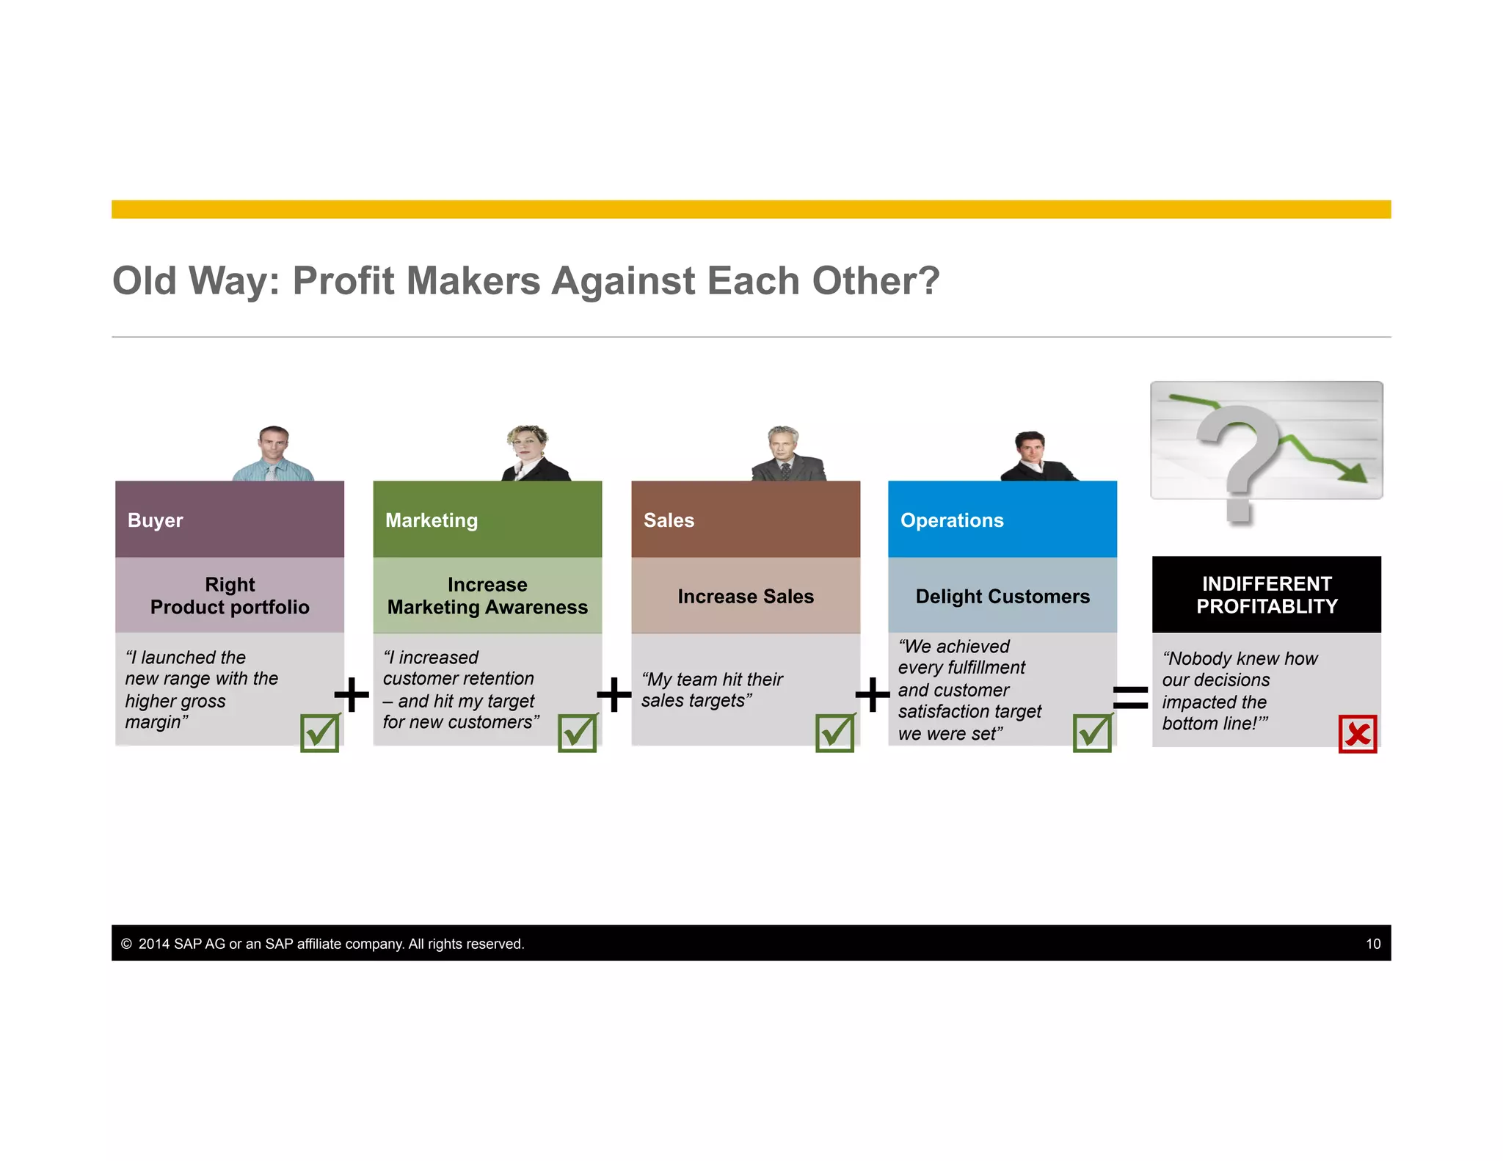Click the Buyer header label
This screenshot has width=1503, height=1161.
tap(155, 520)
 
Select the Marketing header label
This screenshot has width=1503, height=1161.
tap(432, 520)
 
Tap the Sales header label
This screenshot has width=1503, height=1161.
tap(669, 520)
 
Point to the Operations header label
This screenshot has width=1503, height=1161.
tap(952, 520)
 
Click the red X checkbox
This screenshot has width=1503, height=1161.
tap(1357, 734)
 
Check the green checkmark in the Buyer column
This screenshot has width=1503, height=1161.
tap(320, 733)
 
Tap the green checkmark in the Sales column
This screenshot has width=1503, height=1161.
tap(835, 733)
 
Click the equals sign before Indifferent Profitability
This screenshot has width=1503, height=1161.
tap(1130, 696)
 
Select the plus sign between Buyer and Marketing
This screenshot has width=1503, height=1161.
tap(352, 694)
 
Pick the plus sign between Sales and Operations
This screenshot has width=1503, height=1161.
tap(873, 694)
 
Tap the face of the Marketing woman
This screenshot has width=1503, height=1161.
tap(528, 443)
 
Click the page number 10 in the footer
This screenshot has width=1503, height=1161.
tap(1373, 944)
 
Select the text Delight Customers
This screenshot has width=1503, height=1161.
tap(1002, 597)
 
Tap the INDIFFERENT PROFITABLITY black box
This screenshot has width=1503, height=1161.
tap(1267, 595)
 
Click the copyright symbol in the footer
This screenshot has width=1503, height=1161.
tap(126, 944)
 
